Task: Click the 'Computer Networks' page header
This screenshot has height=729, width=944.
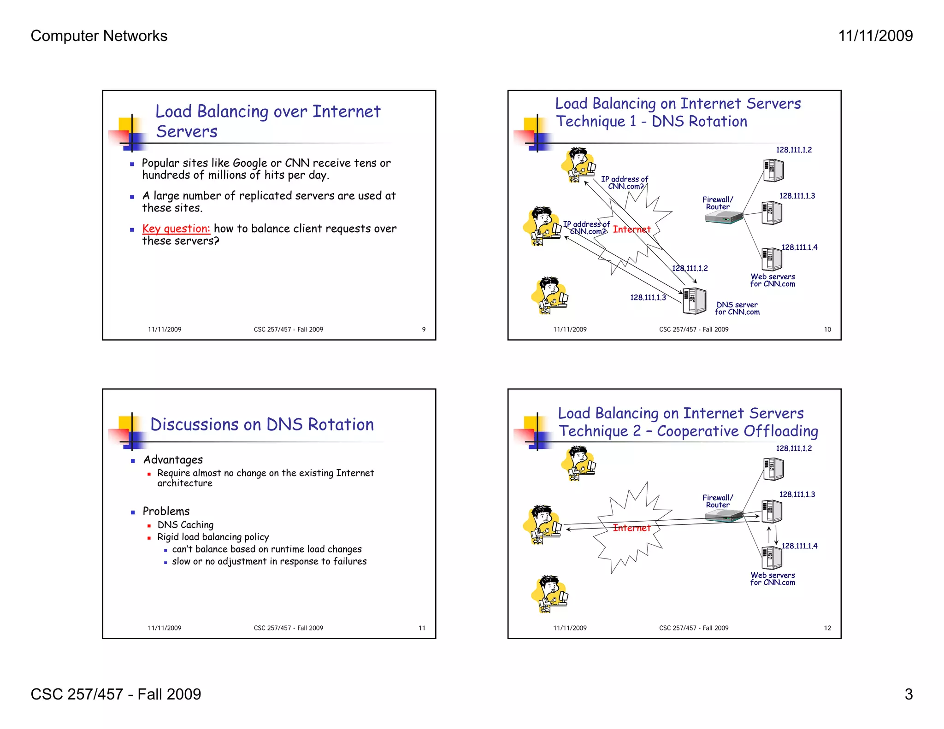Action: click(x=99, y=36)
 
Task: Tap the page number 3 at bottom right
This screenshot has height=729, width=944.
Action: click(x=908, y=694)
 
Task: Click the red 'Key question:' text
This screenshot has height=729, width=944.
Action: click(x=176, y=229)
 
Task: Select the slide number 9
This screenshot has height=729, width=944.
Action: click(x=424, y=329)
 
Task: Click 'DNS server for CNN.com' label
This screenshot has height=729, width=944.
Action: click(x=737, y=308)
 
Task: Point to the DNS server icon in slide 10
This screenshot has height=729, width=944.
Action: click(x=694, y=301)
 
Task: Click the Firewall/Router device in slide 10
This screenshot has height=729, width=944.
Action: click(x=724, y=218)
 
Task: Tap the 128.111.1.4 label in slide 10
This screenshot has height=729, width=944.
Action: click(x=799, y=247)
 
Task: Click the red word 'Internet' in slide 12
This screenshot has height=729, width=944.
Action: click(x=631, y=528)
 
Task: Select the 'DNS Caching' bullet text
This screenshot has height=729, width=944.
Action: click(x=185, y=525)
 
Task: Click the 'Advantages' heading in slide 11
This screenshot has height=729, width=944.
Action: click(x=173, y=460)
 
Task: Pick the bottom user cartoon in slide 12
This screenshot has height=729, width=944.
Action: click(x=549, y=594)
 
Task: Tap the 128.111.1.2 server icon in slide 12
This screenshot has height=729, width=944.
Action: click(x=773, y=469)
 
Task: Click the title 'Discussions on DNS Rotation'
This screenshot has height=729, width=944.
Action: click(x=262, y=424)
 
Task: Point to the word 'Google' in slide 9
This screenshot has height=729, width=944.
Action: click(x=250, y=163)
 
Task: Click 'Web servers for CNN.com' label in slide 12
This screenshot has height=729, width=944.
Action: click(x=773, y=579)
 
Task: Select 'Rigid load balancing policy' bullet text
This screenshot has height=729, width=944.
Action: click(x=213, y=537)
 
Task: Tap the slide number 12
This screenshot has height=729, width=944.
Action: click(x=827, y=628)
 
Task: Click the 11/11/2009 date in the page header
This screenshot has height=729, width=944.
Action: click(x=875, y=36)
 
